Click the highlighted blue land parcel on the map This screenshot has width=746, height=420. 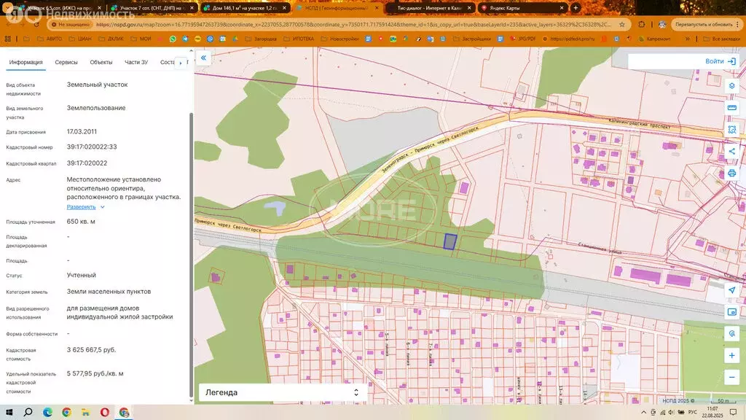(450, 241)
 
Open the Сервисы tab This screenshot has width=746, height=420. (66, 63)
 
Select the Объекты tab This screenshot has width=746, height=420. (101, 63)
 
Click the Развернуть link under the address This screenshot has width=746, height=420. (82, 207)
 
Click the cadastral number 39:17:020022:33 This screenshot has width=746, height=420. (92, 147)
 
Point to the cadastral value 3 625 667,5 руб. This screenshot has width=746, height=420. (91, 350)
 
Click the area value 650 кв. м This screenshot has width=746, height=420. (81, 222)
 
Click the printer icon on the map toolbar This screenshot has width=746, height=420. (731, 174)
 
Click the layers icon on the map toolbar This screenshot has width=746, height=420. (731, 85)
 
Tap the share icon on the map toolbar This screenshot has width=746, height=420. (731, 152)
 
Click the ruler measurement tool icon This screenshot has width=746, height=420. (731, 108)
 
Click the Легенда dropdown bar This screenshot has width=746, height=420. (281, 392)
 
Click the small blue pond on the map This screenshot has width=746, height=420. (274, 209)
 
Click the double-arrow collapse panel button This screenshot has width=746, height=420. (204, 58)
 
